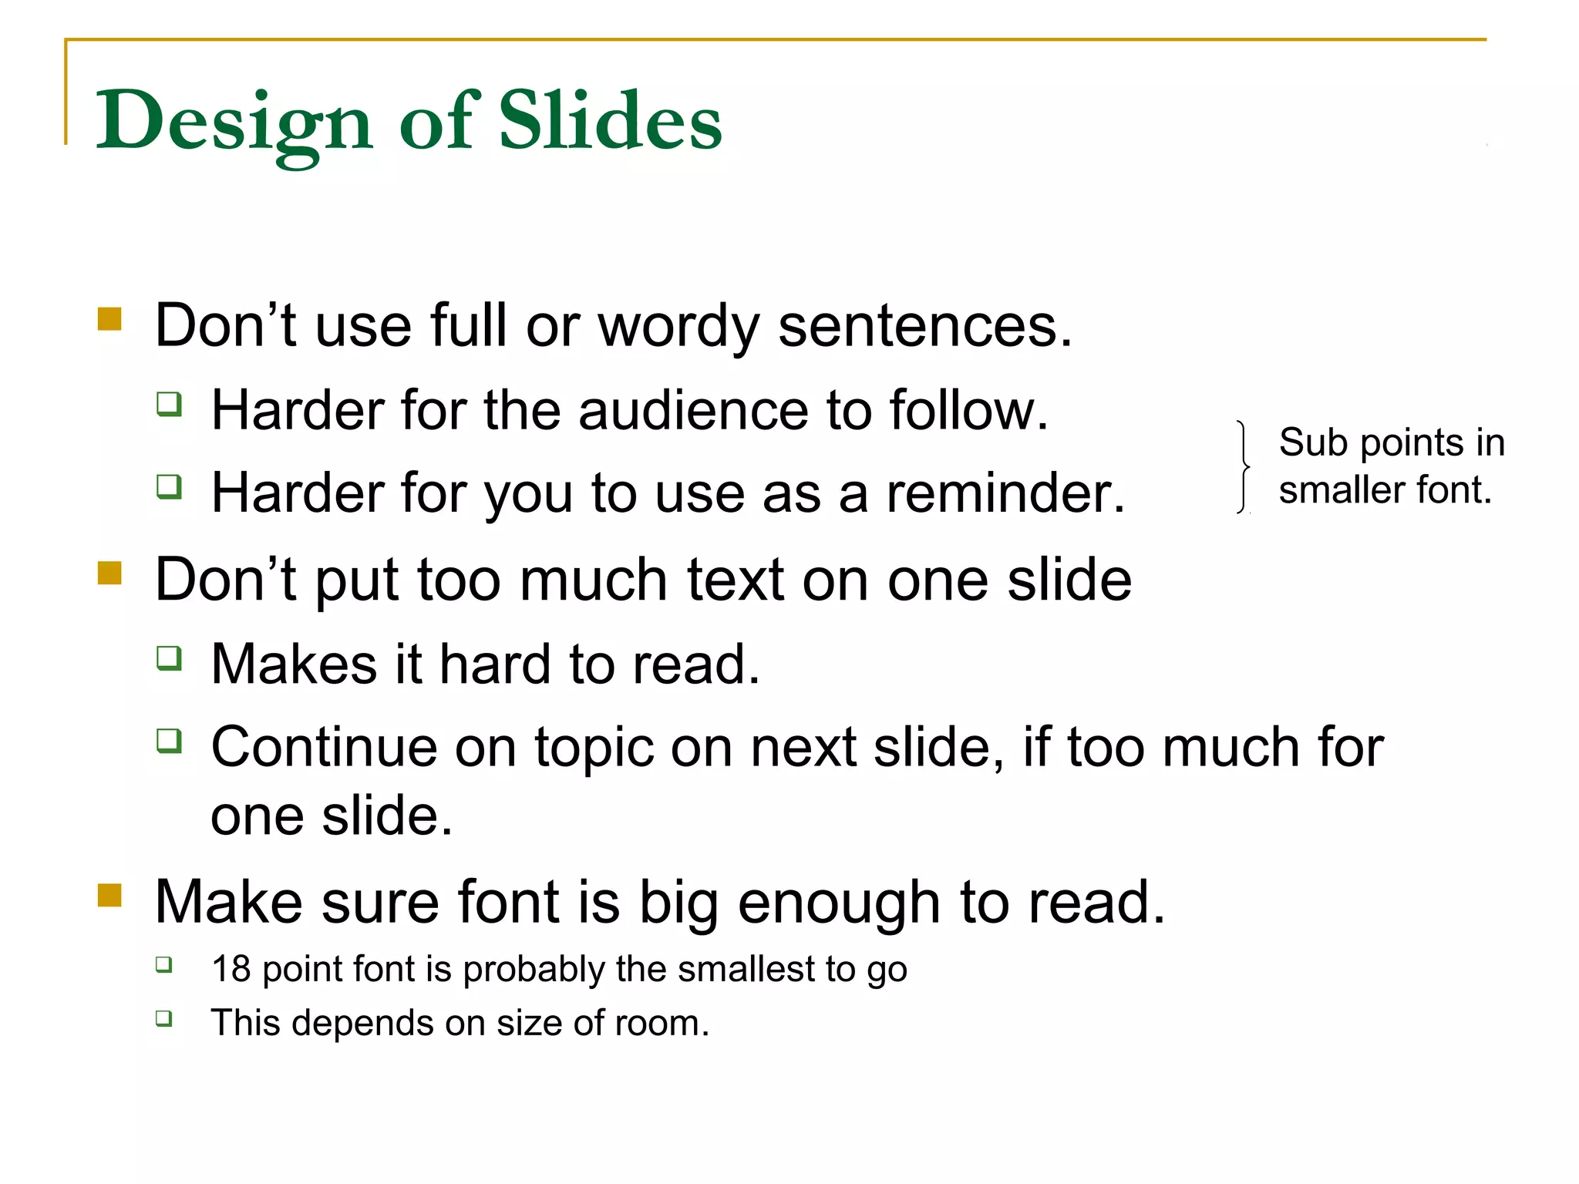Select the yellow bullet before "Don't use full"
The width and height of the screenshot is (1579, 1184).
coord(110,319)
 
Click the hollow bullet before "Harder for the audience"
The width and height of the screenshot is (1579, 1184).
coord(169,404)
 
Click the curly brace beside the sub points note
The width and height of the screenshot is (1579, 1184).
coord(1243,467)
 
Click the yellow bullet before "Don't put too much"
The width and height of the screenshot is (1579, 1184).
coord(110,573)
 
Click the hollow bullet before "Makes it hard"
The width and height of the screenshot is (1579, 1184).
coord(169,658)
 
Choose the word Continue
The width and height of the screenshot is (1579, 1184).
coord(323,748)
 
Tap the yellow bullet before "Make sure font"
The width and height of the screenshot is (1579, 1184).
coord(110,896)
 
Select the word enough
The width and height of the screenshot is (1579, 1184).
coord(839,903)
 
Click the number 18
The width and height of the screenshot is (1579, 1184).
coord(231,969)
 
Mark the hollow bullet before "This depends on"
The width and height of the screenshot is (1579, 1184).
coord(163,1018)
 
